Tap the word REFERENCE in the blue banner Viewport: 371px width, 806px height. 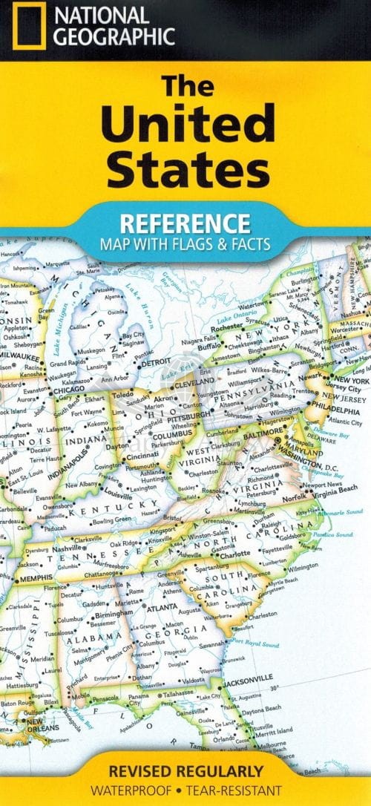point(185,223)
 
